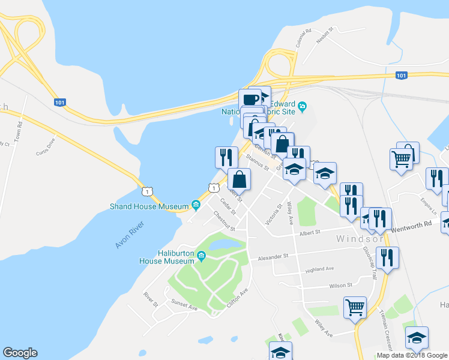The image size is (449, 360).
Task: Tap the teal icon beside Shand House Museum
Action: tap(196, 206)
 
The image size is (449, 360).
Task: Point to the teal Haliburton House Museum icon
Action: tap(200, 257)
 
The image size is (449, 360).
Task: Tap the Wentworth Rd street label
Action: tap(411, 223)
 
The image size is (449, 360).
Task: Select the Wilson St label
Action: tap(340, 286)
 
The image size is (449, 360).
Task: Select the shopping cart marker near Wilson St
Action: tap(355, 307)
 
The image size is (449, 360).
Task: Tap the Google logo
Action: tap(20, 353)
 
